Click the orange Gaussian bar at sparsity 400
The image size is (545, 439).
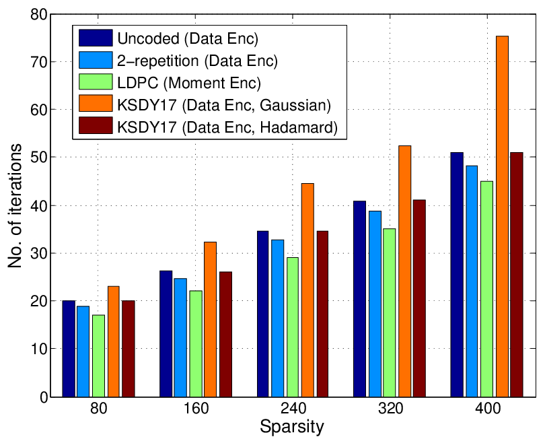[502, 216]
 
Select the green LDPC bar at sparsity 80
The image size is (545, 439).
[99, 356]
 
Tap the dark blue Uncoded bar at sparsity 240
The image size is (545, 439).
[263, 314]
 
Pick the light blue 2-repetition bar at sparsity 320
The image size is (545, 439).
[375, 304]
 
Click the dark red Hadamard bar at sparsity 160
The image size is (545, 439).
[225, 334]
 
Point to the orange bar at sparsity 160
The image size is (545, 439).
[211, 319]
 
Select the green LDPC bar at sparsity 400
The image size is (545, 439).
[487, 289]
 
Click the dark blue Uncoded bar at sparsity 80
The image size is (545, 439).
[69, 349]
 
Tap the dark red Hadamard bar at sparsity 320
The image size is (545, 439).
[420, 298]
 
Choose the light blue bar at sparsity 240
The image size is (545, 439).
[278, 318]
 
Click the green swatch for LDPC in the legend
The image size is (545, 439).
[96, 81]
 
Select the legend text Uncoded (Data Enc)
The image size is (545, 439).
[188, 38]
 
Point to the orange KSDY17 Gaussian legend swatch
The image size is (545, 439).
[96, 103]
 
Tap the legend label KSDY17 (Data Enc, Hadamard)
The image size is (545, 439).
[227, 127]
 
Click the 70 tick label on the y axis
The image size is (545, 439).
[38, 62]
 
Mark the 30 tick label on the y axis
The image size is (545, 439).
[38, 253]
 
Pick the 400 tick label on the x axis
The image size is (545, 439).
[488, 408]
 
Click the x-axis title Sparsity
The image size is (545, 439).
[292, 426]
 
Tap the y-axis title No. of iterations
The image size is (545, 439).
[15, 205]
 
